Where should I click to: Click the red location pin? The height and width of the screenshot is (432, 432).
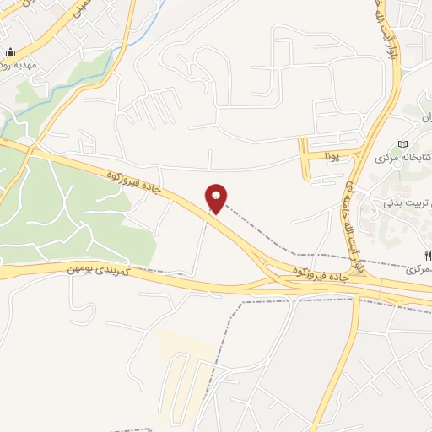coord(217,197)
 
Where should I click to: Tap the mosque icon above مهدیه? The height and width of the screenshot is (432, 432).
coord(10,51)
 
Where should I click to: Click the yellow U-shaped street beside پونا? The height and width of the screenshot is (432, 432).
coord(305,160)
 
